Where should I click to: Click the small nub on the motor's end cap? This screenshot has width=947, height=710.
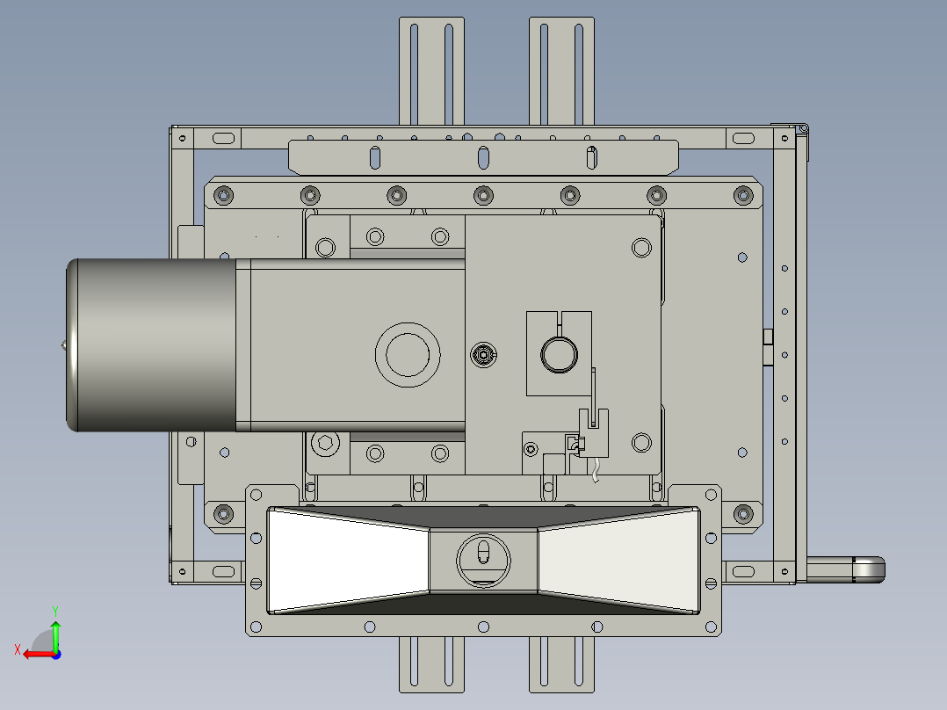pos(62,346)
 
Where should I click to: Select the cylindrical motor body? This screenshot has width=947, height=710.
pos(154,345)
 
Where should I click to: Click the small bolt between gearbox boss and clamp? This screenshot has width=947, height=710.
pos(482,355)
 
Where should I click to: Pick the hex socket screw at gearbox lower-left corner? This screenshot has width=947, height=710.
pos(325,443)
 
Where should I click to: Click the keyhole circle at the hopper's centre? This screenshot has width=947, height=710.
pos(482,558)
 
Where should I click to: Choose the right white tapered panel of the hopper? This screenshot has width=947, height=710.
pos(619,560)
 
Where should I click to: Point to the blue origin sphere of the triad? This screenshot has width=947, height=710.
pos(55,654)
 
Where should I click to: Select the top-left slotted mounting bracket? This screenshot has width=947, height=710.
pos(431,70)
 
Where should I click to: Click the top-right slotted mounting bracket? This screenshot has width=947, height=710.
pos(561,70)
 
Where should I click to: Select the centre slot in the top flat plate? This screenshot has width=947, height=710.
pos(482,157)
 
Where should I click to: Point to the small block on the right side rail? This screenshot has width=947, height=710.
pos(767,337)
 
